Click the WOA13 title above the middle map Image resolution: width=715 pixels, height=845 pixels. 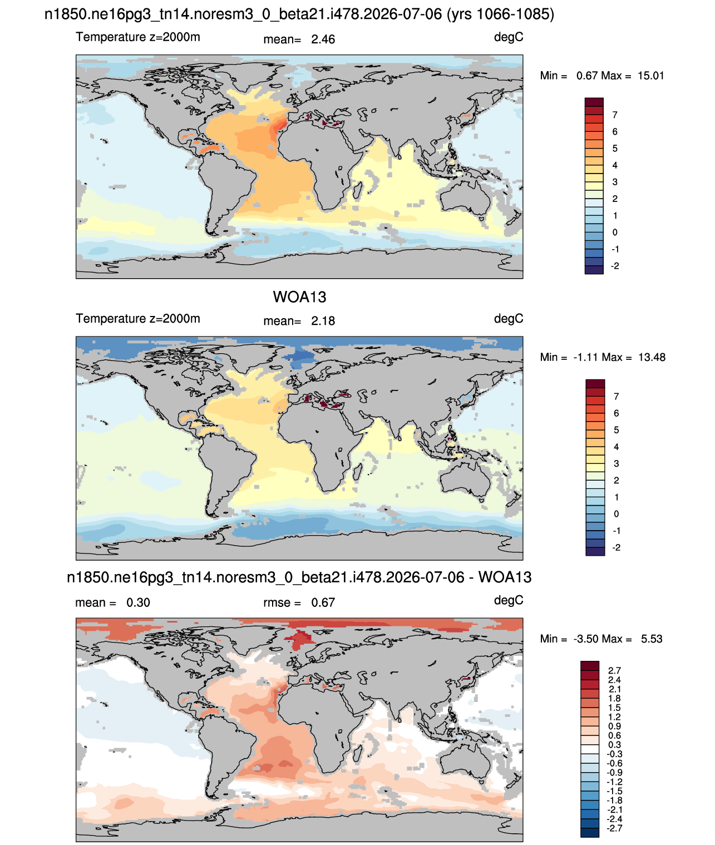point(299,297)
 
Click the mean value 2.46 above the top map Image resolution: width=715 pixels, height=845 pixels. point(323,39)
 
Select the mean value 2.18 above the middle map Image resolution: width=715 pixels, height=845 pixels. point(323,321)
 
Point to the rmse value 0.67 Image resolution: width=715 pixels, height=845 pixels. point(323,602)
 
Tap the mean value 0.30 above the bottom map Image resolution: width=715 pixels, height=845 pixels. point(138,602)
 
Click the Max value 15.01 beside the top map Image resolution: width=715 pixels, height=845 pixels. point(651,76)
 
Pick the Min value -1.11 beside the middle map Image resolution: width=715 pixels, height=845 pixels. point(586,357)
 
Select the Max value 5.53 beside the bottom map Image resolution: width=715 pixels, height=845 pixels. point(652,639)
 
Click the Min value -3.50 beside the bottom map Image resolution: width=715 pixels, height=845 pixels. point(586,639)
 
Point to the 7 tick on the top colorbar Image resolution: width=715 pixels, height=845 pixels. point(614,115)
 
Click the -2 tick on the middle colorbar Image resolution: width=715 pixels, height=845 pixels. point(617,548)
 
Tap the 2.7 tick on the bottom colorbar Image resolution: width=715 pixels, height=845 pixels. point(614,670)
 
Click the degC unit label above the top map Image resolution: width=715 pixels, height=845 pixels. point(508,37)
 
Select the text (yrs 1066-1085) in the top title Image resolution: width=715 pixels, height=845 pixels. point(500,14)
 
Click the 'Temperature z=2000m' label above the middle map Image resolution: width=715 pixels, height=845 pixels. point(138,318)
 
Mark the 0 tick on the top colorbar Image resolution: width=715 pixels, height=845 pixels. point(614,233)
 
